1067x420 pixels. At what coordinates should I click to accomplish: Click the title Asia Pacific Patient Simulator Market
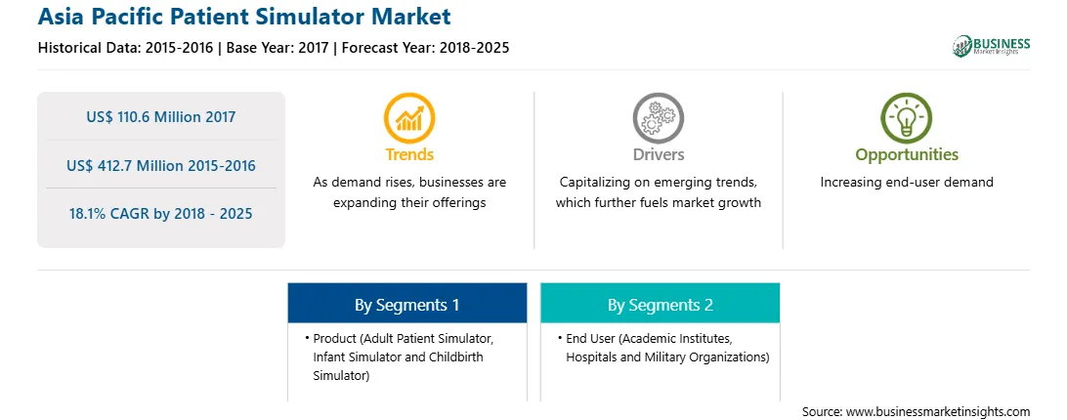pos(244,16)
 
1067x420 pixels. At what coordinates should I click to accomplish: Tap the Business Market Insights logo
pos(992,46)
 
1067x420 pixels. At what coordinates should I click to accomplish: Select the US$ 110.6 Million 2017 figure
pos(161,117)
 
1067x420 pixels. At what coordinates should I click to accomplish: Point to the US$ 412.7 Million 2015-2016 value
pos(161,165)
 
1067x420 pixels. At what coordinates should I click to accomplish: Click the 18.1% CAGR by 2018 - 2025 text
pos(161,214)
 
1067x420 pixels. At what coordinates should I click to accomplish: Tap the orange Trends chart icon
pos(409,118)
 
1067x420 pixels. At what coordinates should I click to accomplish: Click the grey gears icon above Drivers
pos(658,118)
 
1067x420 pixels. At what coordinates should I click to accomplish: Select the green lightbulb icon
pos(907,118)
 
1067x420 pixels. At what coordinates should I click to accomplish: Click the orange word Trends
pos(409,154)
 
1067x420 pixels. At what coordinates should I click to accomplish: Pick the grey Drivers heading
pos(658,154)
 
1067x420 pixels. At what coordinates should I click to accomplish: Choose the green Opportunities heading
pos(907,155)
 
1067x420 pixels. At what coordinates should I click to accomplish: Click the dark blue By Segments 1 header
pos(406,305)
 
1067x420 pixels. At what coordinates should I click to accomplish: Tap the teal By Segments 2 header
pos(661,305)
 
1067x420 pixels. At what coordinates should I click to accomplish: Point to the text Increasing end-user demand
pos(907,183)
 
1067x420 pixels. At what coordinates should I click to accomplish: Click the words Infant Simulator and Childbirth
pos(398,357)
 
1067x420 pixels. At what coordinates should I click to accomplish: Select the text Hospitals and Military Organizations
pos(667,357)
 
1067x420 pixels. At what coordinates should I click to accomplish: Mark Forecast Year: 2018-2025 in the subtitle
pos(423,48)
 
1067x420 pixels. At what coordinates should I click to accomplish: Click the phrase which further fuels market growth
pos(658,203)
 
